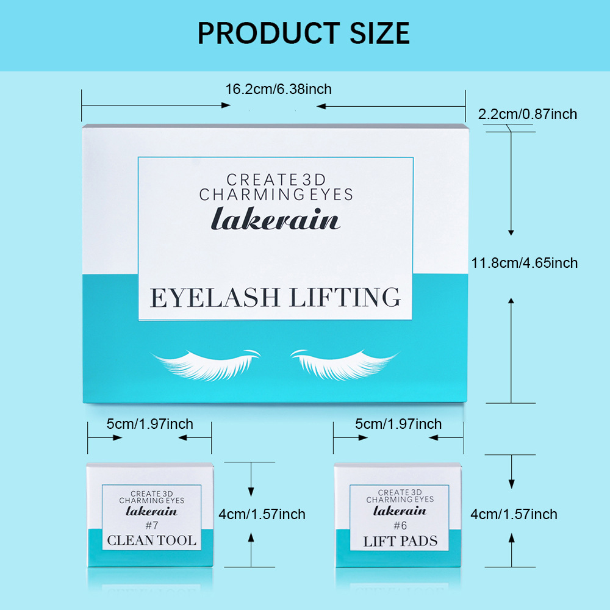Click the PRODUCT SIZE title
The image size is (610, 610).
pos(303,32)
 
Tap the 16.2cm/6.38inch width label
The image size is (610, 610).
pos(278,90)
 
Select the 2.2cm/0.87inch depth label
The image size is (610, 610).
pos(527,114)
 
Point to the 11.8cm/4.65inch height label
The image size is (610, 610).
pos(524,263)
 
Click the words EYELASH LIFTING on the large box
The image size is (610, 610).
pos(275,297)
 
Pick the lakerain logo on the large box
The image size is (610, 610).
pos(275,218)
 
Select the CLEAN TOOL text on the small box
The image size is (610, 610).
pos(152,540)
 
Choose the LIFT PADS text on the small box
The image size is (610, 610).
pos(400,541)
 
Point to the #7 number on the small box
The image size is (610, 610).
pos(151,525)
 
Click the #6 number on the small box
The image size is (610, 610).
pos(400,525)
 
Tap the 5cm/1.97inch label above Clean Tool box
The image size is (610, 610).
pos(149,424)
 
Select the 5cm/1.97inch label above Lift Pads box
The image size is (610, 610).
pos(398,424)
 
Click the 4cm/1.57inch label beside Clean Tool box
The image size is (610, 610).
pos(262,514)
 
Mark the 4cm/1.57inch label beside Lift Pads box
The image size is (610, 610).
pos(514,514)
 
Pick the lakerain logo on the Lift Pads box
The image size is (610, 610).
pos(400,511)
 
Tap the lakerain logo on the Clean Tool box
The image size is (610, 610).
pos(151,511)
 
